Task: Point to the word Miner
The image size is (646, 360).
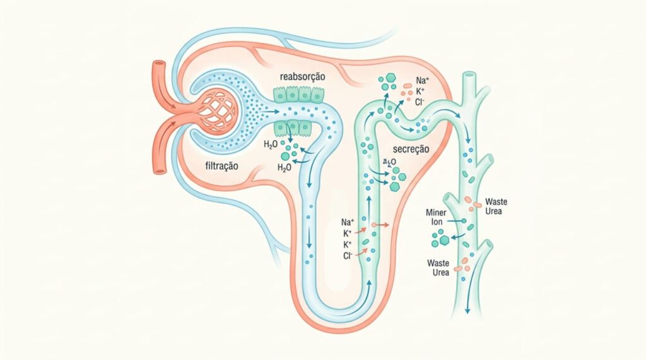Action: (x=437, y=212)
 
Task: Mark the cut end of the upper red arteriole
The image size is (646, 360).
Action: (x=158, y=65)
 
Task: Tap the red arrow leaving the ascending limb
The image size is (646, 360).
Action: (x=380, y=224)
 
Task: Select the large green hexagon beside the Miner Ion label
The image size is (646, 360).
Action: (x=445, y=240)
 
